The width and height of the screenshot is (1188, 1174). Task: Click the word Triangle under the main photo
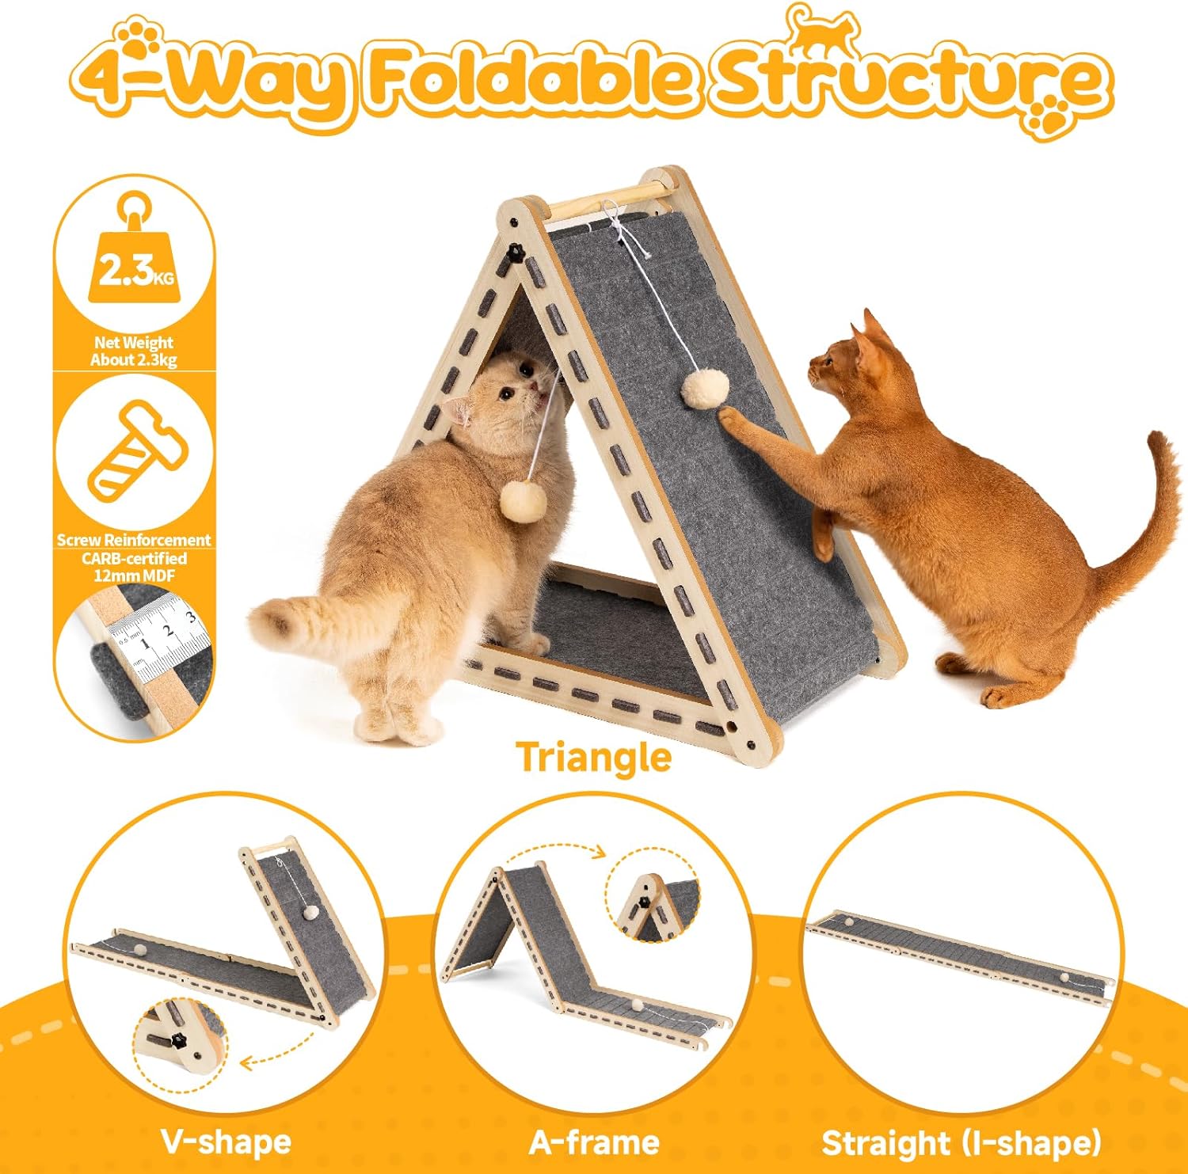point(593,758)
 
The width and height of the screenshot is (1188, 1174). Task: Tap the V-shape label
point(227,1142)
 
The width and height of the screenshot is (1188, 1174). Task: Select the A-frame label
point(594,1142)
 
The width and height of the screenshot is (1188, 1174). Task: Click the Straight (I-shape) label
point(961,1143)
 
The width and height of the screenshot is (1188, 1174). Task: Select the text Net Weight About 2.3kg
point(133,351)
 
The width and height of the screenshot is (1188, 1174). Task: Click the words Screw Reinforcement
point(134,540)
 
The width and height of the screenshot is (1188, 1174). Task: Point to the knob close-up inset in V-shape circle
point(179,1038)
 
